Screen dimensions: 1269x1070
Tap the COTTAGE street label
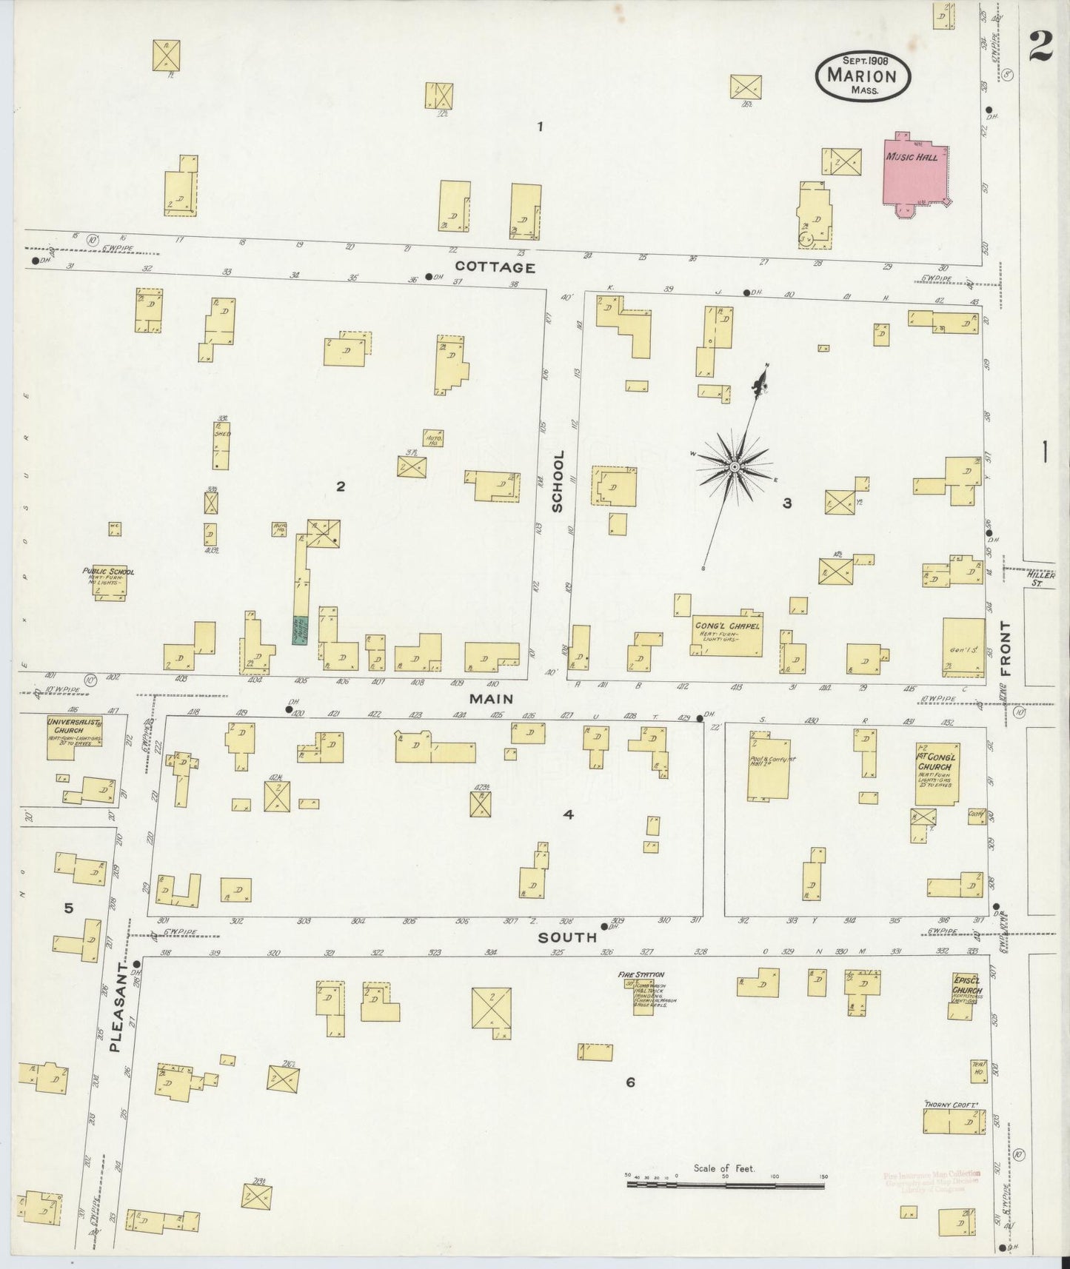495,267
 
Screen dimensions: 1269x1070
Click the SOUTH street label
567,937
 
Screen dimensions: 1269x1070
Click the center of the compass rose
734,467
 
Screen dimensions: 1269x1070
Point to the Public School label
108,572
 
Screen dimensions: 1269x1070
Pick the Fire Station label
641,974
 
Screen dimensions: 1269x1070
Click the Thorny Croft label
952,1105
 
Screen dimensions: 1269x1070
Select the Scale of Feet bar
726,1185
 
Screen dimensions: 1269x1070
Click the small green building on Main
299,629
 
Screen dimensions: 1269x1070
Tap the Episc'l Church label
968,987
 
